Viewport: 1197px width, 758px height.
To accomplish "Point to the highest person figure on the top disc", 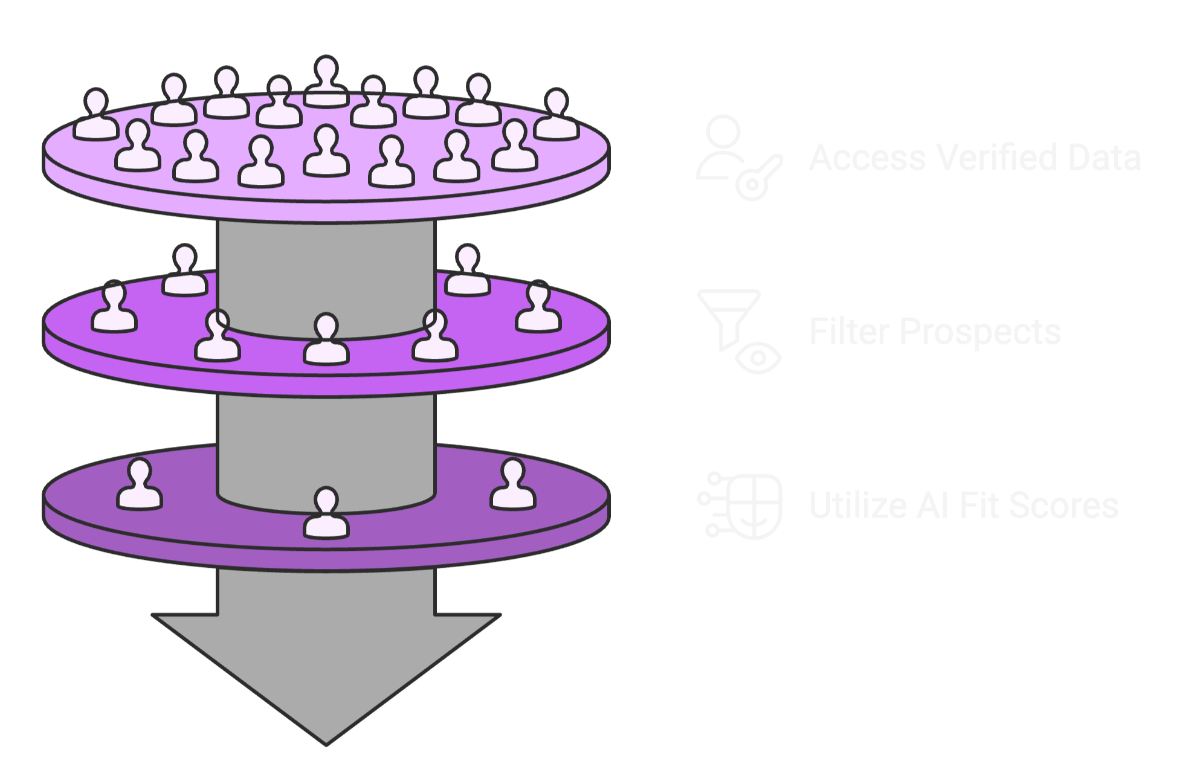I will pos(326,81).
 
